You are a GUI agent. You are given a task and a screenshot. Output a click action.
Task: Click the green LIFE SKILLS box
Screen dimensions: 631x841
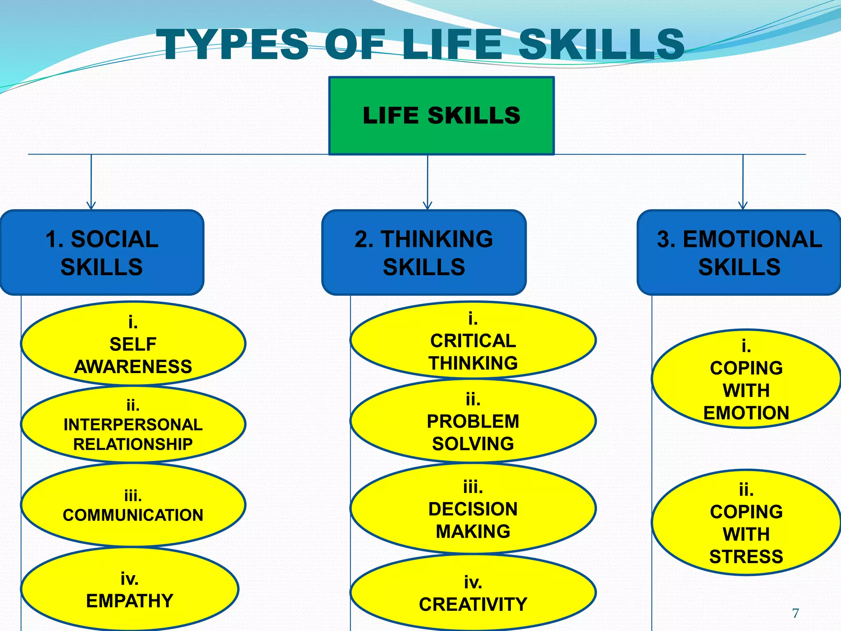pos(441,115)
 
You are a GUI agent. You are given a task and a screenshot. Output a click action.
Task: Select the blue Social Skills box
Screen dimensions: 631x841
pos(102,252)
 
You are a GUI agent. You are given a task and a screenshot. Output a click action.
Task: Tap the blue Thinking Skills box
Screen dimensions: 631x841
pos(424,252)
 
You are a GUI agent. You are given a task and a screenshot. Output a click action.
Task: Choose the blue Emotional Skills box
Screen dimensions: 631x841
pos(739,252)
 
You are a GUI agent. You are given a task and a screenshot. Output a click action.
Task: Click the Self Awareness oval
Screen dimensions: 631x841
pos(133,343)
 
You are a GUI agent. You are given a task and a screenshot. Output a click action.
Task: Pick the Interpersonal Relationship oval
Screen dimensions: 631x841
pos(133,424)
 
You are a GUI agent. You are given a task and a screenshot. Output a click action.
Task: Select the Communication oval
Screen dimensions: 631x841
pos(133,505)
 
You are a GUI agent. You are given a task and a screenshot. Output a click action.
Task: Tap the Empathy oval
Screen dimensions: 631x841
pos(130,589)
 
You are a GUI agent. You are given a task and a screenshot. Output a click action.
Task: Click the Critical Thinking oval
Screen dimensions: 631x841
pos(473,340)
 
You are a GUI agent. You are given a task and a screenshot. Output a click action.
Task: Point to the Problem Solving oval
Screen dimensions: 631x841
pos(473,421)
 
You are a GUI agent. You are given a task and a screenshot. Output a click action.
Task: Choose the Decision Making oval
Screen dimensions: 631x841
pos(473,509)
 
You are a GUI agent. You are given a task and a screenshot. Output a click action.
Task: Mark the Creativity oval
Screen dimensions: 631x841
pos(473,593)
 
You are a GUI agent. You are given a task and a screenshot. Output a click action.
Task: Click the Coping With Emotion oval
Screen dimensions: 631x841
pos(746,379)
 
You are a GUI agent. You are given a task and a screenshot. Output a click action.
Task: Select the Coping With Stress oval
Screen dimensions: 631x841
pos(746,523)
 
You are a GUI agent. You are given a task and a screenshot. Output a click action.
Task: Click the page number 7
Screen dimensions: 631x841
pos(795,613)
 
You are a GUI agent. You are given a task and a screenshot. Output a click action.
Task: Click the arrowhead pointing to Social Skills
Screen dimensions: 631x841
pos(91,205)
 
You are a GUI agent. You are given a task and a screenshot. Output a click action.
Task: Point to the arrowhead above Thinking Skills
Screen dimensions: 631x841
pos(427,205)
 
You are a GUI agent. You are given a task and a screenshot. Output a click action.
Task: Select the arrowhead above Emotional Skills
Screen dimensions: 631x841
pos(743,205)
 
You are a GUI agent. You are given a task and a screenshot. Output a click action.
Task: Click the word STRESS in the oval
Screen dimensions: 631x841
pos(746,557)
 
